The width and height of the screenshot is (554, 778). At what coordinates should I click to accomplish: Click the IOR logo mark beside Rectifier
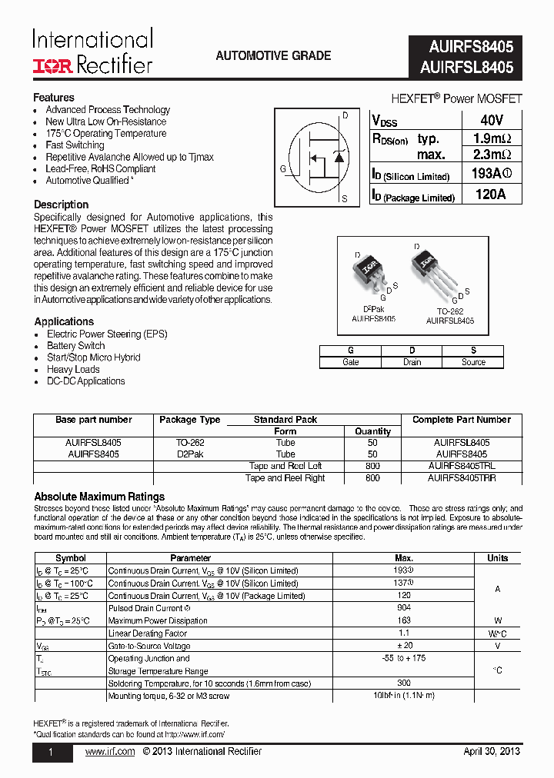[x=52, y=66]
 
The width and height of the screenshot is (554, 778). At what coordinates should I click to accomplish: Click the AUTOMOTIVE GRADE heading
[x=273, y=56]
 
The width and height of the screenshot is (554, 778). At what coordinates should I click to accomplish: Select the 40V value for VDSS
[x=491, y=121]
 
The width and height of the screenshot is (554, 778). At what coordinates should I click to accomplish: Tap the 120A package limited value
[x=491, y=194]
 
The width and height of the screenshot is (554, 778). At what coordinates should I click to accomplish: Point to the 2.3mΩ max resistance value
[x=491, y=155]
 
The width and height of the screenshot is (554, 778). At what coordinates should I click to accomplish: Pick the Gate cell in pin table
[x=350, y=362]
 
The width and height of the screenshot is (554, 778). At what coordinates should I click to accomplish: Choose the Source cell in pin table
[x=473, y=362]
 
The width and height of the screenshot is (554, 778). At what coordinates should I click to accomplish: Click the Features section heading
[x=54, y=98]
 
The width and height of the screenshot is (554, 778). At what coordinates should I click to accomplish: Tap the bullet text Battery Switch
[x=76, y=346]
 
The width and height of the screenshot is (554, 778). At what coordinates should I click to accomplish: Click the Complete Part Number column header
[x=461, y=420]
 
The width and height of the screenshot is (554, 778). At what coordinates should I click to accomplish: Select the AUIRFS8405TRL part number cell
[x=461, y=466]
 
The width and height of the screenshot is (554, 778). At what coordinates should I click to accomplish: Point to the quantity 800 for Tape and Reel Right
[x=373, y=478]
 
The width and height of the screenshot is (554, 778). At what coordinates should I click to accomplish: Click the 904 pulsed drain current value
[x=403, y=608]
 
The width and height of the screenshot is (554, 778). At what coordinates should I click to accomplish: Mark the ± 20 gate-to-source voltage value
[x=403, y=646]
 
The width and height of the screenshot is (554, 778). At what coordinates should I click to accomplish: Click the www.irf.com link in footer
[x=109, y=751]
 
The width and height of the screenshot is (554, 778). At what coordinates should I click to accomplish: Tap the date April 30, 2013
[x=492, y=751]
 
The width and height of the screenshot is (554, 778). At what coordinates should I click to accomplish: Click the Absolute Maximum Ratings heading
[x=99, y=497]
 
